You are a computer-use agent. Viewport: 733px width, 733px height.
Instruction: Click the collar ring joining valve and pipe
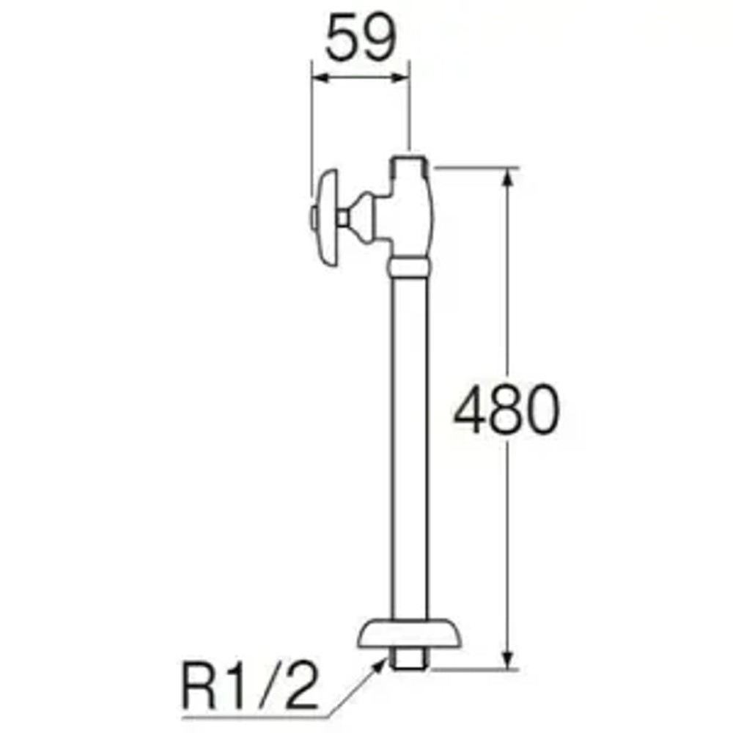(408, 265)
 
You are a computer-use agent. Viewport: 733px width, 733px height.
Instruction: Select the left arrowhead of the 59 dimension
(317, 75)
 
